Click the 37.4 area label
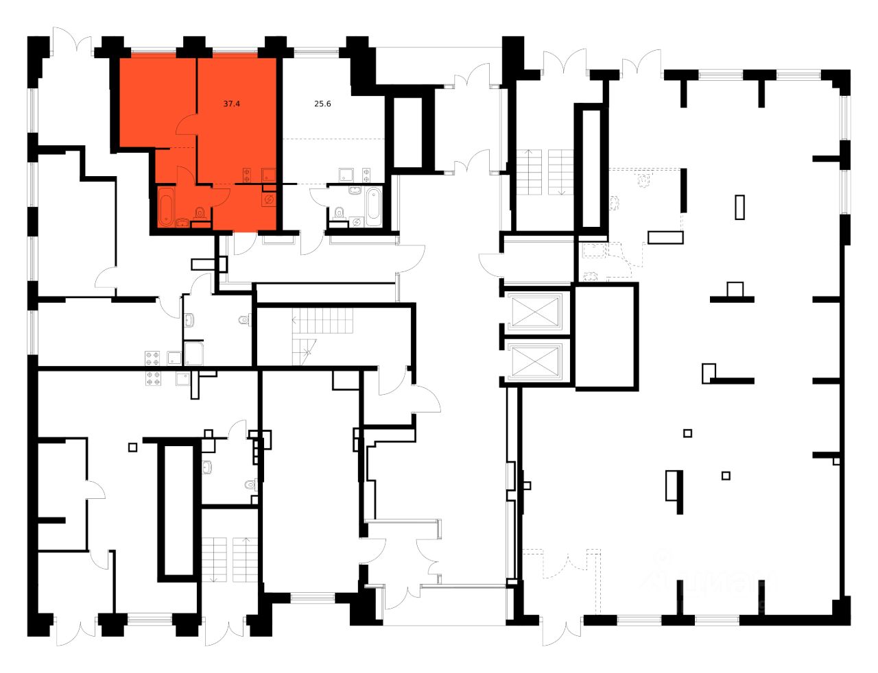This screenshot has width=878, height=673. [232, 104]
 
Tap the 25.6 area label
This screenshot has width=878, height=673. [322, 104]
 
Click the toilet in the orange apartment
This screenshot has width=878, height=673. [200, 212]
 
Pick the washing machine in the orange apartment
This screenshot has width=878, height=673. [269, 199]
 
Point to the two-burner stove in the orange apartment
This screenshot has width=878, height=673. [247, 174]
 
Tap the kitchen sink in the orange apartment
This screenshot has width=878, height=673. [269, 174]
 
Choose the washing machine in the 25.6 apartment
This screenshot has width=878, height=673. [356, 221]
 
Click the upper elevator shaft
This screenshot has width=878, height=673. [535, 313]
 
